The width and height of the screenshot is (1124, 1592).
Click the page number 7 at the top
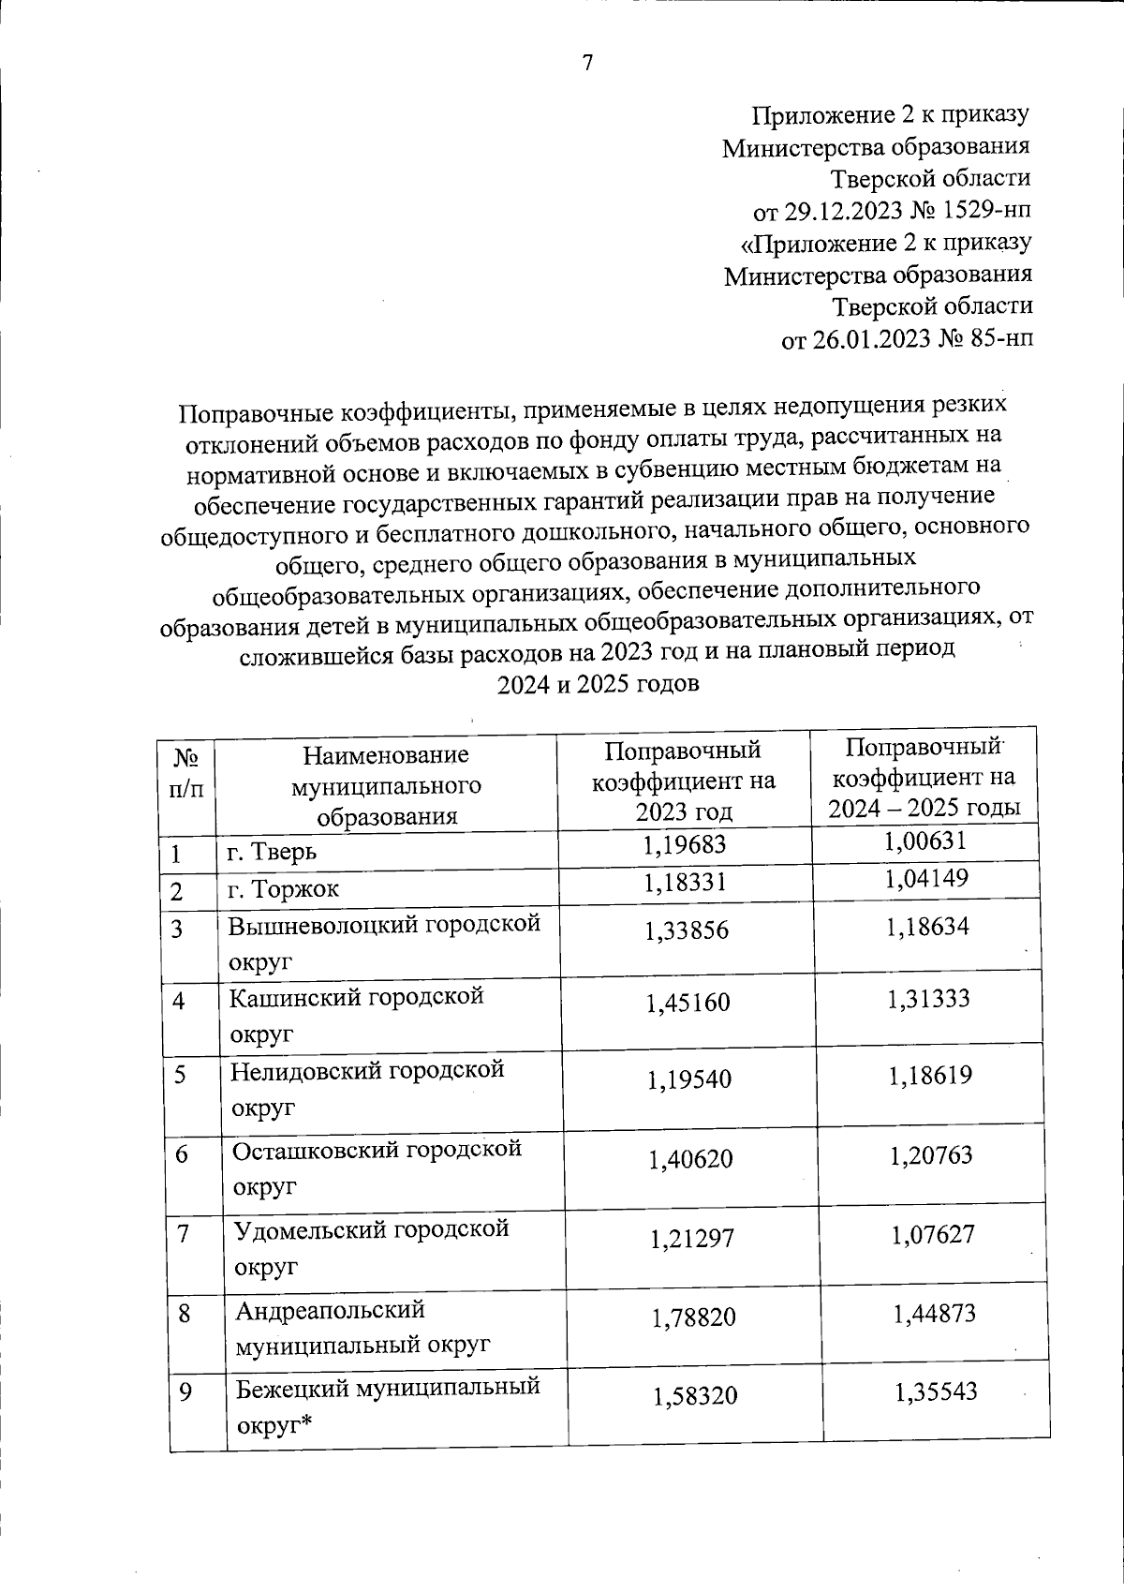[588, 63]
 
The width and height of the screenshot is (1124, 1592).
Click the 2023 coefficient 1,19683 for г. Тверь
[685, 846]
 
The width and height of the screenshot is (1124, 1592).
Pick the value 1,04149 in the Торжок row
[926, 880]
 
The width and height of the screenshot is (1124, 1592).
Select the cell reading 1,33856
[687, 930]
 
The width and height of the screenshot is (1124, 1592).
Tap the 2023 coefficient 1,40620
[691, 1160]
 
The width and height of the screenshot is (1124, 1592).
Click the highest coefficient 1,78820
[694, 1317]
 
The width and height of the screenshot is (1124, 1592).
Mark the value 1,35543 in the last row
[936, 1391]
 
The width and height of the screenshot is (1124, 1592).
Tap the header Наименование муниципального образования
[386, 785]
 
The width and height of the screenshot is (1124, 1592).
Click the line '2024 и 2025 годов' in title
[598, 684]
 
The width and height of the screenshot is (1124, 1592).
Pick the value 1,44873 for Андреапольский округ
[934, 1314]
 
